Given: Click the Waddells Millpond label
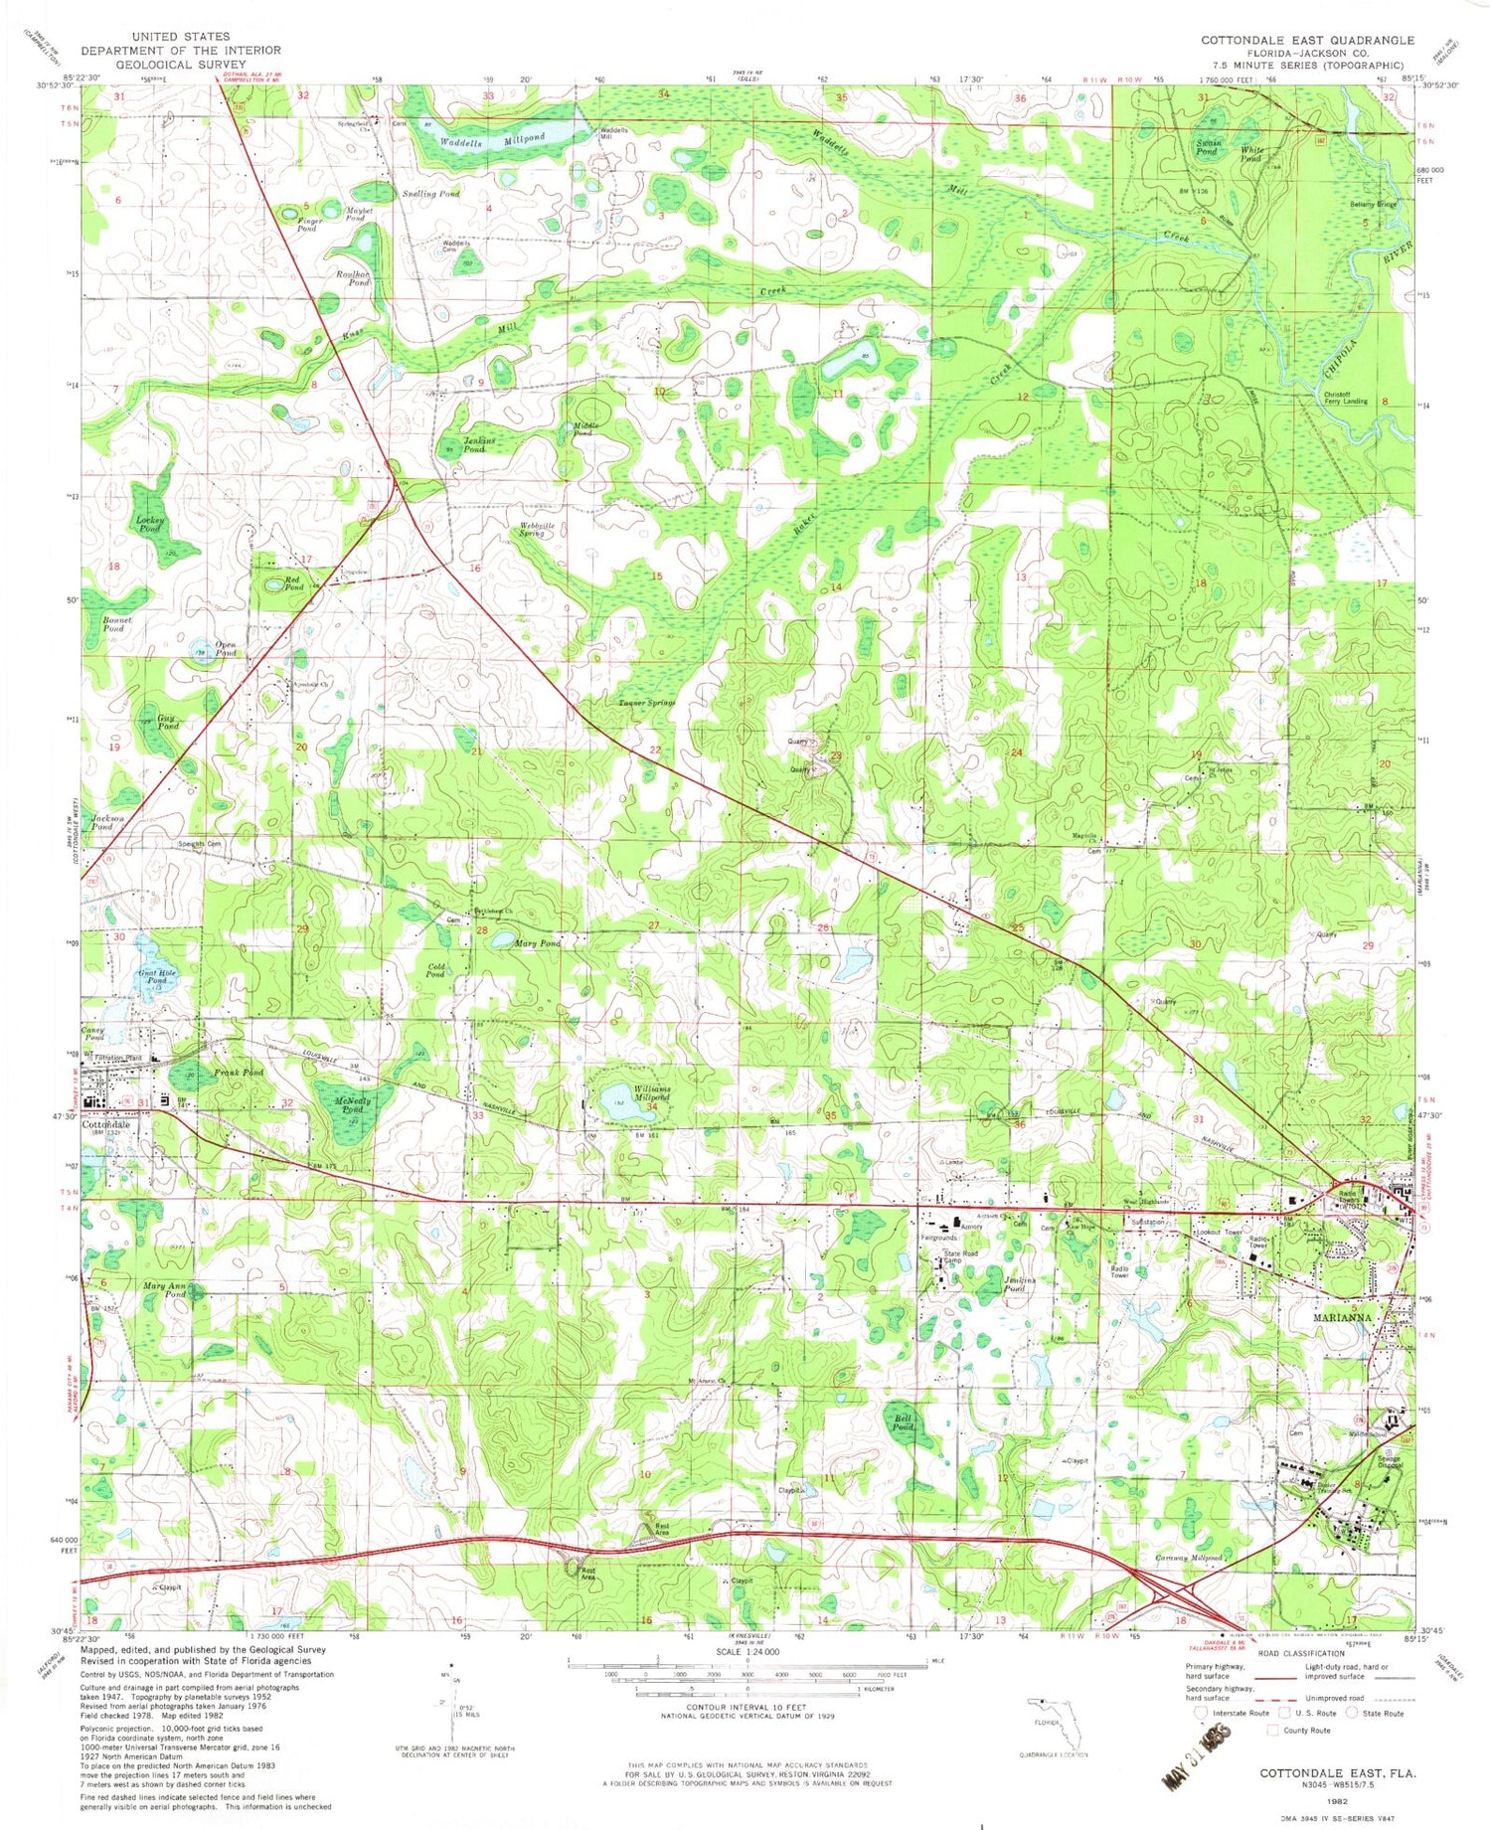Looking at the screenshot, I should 493,140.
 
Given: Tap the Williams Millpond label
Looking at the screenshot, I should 648,1093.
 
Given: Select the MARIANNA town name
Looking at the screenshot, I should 1341,1317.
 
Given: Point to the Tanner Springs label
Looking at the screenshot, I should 647,703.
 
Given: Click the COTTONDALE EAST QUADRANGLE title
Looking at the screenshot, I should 1306,40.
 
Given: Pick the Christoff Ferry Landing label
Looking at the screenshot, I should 1345,398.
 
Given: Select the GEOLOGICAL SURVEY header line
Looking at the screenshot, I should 180,64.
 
